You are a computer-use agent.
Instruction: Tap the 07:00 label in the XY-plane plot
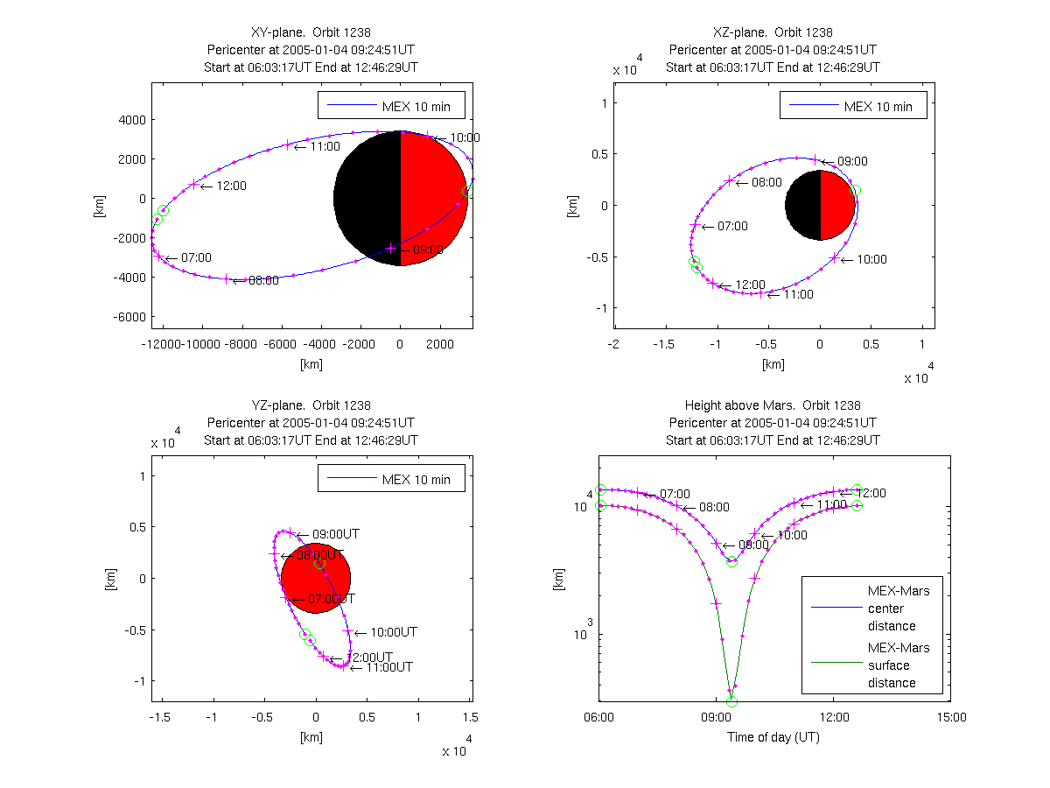coord(196,257)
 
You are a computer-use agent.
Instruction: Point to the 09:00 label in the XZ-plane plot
coord(852,161)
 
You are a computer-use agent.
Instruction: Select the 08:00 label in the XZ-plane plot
coord(766,183)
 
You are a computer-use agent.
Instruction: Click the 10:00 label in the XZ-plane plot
coord(871,259)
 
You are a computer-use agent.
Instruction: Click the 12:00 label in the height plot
coord(871,493)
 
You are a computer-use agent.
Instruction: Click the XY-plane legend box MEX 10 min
coord(391,106)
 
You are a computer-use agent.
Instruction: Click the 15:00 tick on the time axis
coord(951,716)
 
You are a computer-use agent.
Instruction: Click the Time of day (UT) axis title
coord(773,737)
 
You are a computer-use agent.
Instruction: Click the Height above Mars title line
coord(773,405)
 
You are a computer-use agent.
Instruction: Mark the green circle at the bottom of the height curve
coord(731,701)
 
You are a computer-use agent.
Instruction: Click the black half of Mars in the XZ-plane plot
coord(802,206)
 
